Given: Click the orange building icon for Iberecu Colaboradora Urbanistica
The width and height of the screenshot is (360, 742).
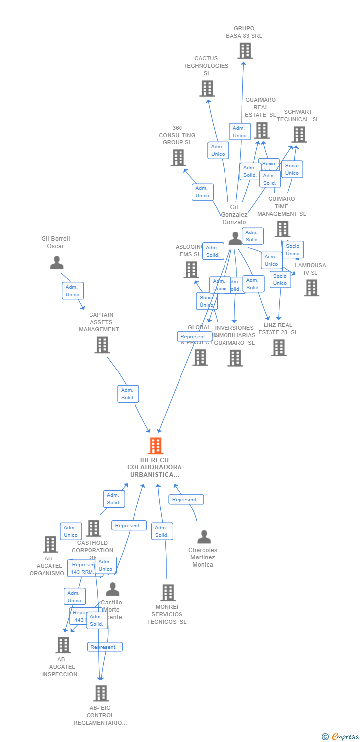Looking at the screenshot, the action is coord(156,446).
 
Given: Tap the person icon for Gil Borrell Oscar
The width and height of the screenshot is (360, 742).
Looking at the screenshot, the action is coord(57,263).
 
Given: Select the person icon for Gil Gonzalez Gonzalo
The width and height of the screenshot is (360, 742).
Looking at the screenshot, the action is coord(235,238).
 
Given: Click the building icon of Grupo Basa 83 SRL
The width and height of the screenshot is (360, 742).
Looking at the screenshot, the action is coord(245,51).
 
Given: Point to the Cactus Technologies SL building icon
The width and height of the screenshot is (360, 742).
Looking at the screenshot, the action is coord(207,89).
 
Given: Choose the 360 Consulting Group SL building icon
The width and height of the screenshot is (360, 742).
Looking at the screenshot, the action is coord(178,158).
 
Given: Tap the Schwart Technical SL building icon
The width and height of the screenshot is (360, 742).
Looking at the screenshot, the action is coord(299,135).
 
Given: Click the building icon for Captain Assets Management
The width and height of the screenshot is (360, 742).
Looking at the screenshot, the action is coord(102,345).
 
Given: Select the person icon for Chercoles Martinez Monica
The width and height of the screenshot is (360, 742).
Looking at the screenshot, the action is coord(204,537).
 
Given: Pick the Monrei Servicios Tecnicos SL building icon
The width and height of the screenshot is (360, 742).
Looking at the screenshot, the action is coord(168,592).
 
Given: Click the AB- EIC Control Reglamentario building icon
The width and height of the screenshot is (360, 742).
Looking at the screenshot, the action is coord(101,693).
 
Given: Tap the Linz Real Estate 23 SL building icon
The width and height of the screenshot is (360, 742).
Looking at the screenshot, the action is coord(279,348).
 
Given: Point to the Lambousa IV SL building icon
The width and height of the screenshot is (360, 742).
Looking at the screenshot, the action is coord(312,288).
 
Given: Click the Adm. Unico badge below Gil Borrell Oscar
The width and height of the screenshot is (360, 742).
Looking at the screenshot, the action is coord(72,291).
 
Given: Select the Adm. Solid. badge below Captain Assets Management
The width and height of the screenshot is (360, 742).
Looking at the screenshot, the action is coord(128,394).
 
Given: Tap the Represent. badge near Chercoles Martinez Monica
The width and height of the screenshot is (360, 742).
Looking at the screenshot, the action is coord(185,500).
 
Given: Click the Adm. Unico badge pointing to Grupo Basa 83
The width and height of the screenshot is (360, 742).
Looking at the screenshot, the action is coord(240,132).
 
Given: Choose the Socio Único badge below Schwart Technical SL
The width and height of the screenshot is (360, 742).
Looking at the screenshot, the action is coord(292,169).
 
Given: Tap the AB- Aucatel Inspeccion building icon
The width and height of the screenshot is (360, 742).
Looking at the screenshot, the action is coord(63,645).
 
